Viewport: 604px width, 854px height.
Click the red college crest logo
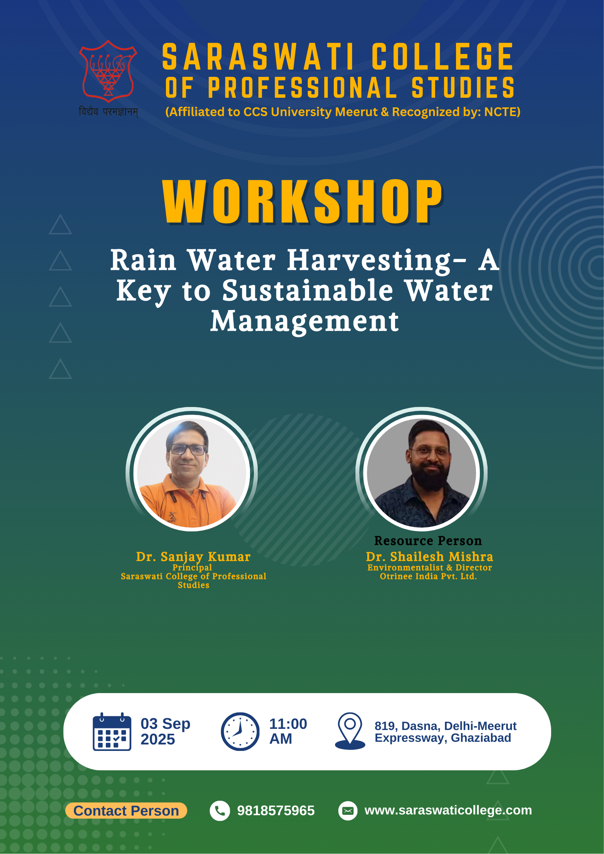(108, 71)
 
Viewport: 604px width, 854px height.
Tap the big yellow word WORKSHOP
(303, 202)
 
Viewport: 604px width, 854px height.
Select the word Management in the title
(305, 322)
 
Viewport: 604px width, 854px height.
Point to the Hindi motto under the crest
(108, 112)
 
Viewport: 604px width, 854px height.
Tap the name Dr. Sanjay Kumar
(193, 557)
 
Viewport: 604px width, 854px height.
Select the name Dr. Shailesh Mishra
(429, 557)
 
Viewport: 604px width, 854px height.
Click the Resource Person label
(428, 541)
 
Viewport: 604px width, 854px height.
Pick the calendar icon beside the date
(112, 732)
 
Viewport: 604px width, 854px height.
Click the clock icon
(240, 732)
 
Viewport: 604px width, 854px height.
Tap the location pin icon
(350, 731)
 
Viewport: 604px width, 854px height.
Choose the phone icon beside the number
(220, 811)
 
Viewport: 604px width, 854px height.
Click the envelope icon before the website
(348, 811)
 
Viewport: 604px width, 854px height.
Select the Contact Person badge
(126, 811)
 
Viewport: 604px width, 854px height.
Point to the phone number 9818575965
(276, 811)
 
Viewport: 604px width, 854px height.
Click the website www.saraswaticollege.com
(448, 811)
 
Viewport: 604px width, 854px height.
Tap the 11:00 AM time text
(288, 731)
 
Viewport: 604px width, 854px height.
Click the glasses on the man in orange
(188, 450)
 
